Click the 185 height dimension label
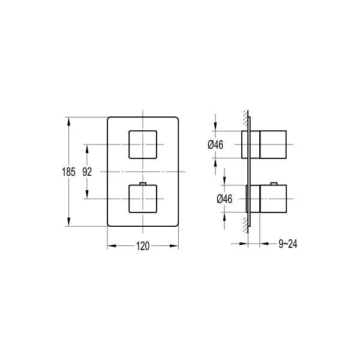pyautogui.click(x=68, y=172)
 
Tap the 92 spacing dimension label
pyautogui.click(x=87, y=172)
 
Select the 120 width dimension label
pyautogui.click(x=143, y=246)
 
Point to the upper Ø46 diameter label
pyautogui.click(x=215, y=145)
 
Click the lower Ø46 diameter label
pyautogui.click(x=224, y=199)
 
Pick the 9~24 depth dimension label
pyautogui.click(x=287, y=244)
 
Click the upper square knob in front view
pyautogui.click(x=143, y=145)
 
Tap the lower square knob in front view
pyautogui.click(x=143, y=199)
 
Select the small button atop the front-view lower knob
pyautogui.click(x=143, y=184)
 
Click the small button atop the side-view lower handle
pyautogui.click(x=274, y=184)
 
